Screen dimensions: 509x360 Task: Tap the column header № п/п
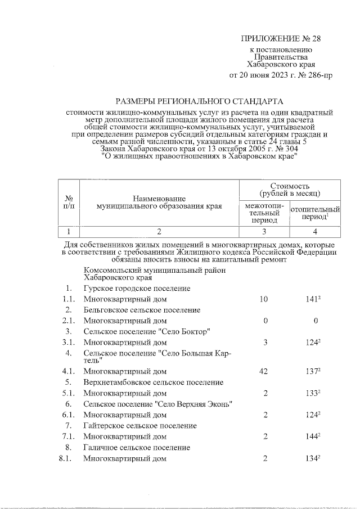point(69,202)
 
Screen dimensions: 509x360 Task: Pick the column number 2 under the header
point(159,232)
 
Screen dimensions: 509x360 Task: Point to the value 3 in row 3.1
point(264,342)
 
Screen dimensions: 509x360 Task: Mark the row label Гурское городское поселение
point(137,289)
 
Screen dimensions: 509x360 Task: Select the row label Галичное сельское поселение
point(137,447)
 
